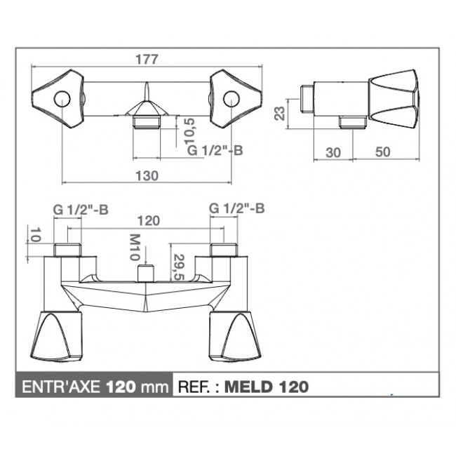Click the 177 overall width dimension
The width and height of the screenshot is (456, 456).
(x=147, y=60)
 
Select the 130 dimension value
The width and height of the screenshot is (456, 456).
(x=147, y=175)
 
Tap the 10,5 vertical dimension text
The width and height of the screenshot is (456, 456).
(x=191, y=131)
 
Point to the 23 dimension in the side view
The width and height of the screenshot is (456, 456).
(x=280, y=114)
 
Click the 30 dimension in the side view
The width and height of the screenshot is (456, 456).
(x=333, y=152)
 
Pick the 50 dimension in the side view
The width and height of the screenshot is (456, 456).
(x=383, y=152)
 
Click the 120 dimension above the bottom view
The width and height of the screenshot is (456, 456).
(x=148, y=221)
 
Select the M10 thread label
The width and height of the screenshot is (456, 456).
(x=135, y=247)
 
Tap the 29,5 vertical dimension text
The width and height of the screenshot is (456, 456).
(x=179, y=267)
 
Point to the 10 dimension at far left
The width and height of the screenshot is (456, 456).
(x=35, y=234)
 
